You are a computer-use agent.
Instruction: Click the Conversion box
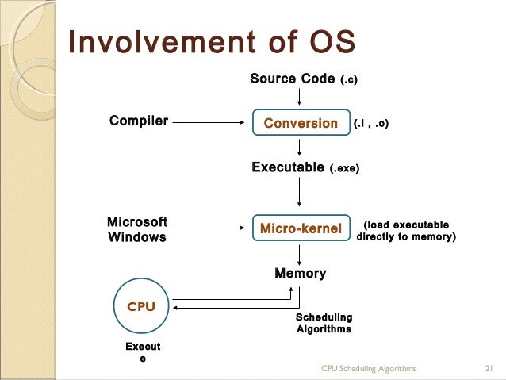(300, 123)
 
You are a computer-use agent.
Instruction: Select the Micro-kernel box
(300, 228)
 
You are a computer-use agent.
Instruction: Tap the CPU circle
(141, 306)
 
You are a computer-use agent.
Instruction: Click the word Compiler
(138, 121)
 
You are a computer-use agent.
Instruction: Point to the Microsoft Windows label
(137, 229)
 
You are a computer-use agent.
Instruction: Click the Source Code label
(292, 79)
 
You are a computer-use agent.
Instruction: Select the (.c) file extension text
(355, 79)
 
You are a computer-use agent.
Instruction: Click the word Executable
(288, 167)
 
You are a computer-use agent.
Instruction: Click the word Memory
(300, 273)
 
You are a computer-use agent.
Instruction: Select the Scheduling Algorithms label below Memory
(324, 323)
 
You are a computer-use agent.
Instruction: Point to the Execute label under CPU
(143, 353)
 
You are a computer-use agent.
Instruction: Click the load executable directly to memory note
(405, 231)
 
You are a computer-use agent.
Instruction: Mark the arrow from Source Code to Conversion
(300, 97)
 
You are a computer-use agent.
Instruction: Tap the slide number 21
(489, 369)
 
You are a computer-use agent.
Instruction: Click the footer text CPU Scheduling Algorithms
(368, 369)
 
